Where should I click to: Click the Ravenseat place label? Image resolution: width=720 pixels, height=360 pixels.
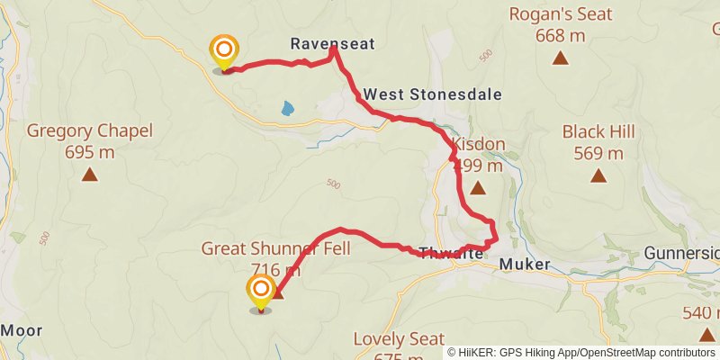coord(332,42)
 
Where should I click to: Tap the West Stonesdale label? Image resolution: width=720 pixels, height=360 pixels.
coord(432,94)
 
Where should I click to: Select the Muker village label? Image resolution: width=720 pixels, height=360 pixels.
coord(522,265)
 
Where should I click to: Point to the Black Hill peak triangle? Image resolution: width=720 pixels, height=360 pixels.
coord(598,175)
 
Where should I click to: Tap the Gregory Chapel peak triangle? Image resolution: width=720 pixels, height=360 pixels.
coord(89,175)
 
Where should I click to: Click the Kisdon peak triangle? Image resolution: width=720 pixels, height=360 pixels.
coord(477,188)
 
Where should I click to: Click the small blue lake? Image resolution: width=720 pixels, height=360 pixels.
coord(286,109)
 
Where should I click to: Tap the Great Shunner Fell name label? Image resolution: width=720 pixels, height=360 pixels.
coord(275,248)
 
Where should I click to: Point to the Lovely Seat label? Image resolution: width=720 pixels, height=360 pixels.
coord(399,339)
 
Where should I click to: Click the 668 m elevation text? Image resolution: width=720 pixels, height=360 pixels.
coord(560,36)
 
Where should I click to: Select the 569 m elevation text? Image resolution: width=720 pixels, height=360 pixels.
coord(598,153)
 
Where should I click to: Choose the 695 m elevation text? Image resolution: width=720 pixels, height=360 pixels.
coord(89,152)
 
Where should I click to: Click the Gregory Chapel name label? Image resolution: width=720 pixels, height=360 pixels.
coord(89,131)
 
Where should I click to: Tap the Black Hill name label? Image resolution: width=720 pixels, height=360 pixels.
coord(598,131)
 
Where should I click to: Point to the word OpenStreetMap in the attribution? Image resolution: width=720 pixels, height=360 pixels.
coord(617,353)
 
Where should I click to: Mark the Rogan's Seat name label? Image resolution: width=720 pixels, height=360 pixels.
coord(560,14)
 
